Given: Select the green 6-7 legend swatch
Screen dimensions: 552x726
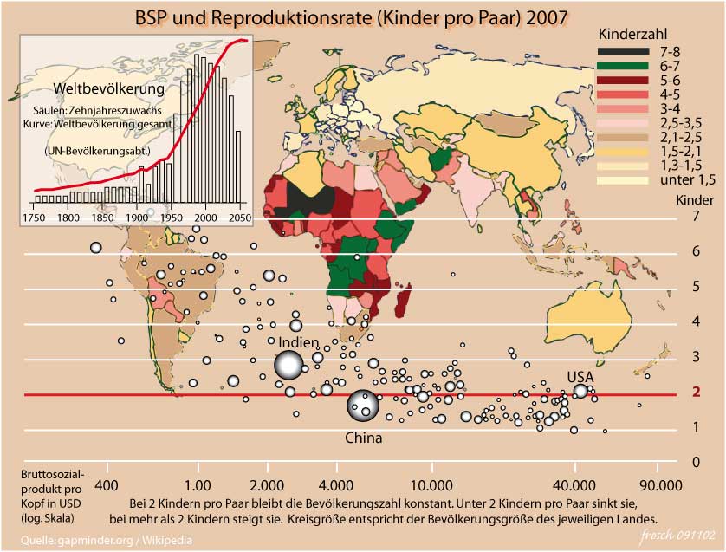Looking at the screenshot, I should click(x=622, y=67).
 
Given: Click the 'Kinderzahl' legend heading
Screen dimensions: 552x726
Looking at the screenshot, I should click(x=629, y=32).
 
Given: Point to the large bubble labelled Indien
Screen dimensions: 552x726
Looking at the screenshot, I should click(x=290, y=366).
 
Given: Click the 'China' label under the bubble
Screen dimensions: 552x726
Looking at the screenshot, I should click(x=364, y=438).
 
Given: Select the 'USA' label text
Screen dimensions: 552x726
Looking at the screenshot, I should click(x=580, y=377).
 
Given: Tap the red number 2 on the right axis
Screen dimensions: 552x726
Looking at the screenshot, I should click(x=695, y=392).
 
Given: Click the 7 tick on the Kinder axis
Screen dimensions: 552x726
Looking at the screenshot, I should click(x=695, y=216).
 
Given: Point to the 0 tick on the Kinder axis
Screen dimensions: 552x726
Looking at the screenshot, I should click(x=695, y=462).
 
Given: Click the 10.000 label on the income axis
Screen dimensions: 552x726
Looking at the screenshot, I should click(x=432, y=485).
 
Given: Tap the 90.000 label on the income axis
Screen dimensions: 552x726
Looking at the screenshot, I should click(x=661, y=485).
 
